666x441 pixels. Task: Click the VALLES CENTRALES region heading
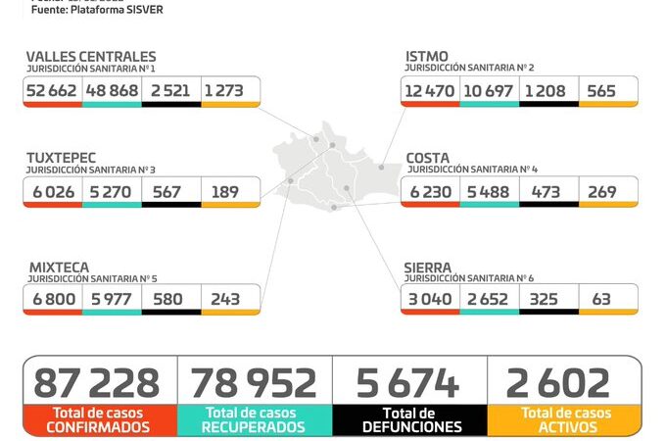click(x=91, y=57)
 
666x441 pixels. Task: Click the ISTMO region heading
click(x=427, y=57)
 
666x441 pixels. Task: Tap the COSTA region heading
click(x=428, y=157)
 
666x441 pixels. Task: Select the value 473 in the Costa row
click(x=548, y=191)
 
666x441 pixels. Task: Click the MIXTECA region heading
click(x=58, y=266)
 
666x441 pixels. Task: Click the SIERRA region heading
click(x=428, y=266)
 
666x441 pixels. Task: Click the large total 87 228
click(x=97, y=382)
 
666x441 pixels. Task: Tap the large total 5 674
click(x=410, y=382)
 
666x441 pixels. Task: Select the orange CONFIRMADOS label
click(x=98, y=427)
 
